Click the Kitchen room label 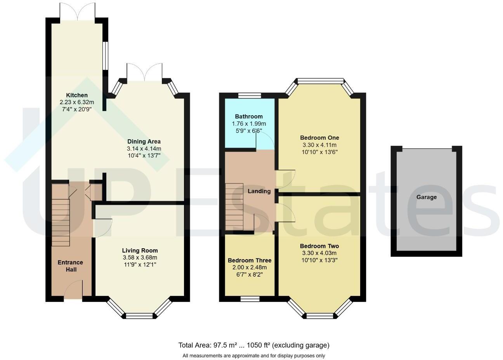[77, 95]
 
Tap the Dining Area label [144, 142]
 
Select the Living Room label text [140, 251]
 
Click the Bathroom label [249, 116]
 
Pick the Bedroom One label [319, 138]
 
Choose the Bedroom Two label [319, 246]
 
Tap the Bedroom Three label [250, 260]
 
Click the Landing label [259, 191]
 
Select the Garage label [427, 197]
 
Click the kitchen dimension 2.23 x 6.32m [77, 102]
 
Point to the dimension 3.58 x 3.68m [140, 258]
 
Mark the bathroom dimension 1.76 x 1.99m [249, 123]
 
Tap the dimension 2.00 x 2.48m [250, 267]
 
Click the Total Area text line [254, 345]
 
